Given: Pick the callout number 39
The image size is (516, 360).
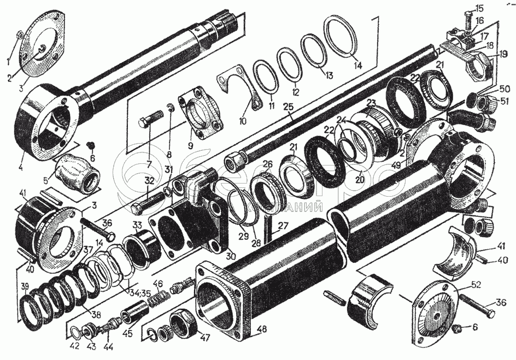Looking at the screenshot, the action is click(24, 287).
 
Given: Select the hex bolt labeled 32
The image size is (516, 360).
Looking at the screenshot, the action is click(146, 206).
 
